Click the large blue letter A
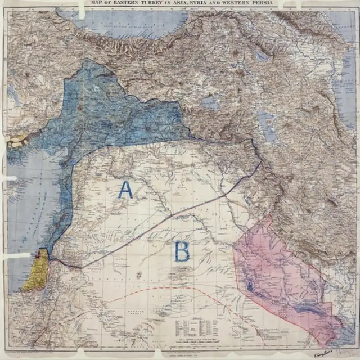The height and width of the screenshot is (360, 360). click(x=125, y=190)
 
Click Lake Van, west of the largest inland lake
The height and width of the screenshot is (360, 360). click(x=210, y=103)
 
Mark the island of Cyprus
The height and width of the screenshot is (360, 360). click(x=17, y=139)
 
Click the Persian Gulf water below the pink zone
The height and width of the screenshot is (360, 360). click(x=343, y=340)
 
